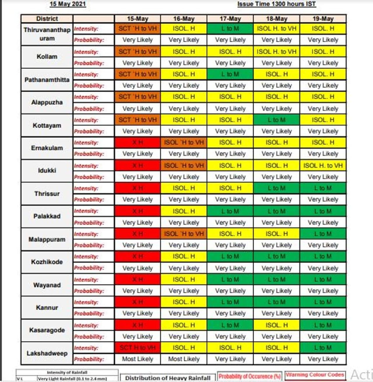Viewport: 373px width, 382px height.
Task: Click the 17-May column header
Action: (230, 19)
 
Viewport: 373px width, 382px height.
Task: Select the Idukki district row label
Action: (47, 171)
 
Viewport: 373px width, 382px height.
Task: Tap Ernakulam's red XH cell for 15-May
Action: (137, 142)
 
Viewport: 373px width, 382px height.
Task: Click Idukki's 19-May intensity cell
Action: (323, 165)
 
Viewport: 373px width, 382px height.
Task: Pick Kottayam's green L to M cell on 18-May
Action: (276, 120)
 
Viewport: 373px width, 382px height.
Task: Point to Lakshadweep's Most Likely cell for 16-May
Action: (184, 359)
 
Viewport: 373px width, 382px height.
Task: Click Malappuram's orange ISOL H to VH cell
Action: (184, 234)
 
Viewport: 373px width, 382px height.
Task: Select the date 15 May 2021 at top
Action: (68, 4)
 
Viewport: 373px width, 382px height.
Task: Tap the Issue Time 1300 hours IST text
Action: (276, 4)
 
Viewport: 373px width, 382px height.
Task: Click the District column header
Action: (47, 19)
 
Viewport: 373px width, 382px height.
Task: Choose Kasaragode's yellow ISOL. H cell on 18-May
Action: (276, 325)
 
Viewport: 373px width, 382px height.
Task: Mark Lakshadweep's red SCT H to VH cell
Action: (137, 348)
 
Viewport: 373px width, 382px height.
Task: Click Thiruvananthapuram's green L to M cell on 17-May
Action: (230, 29)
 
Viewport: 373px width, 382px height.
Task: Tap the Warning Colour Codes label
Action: (315, 375)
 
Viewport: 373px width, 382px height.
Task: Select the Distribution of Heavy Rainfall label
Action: (168, 378)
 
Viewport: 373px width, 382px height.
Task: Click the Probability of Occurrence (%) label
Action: (249, 376)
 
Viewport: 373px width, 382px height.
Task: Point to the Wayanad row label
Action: (47, 285)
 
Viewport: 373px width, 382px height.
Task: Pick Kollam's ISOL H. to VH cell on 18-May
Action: (276, 52)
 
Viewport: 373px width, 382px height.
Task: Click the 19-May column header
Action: (323, 19)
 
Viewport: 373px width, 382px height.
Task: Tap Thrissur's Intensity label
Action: (86, 188)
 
